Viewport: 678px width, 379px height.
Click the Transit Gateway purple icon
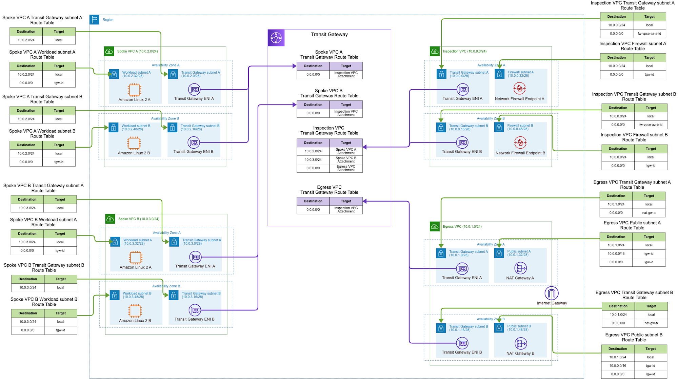point(276,38)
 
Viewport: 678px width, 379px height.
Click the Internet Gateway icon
point(552,293)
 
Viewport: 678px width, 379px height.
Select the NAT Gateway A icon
point(520,268)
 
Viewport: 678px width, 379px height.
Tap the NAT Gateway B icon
point(521,343)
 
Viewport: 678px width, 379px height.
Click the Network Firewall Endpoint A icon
point(519,89)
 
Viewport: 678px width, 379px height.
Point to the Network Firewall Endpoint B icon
point(520,143)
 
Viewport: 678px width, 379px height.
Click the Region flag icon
point(94,20)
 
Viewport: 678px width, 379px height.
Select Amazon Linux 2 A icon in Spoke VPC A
point(134,90)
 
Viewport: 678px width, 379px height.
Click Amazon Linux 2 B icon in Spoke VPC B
point(135,311)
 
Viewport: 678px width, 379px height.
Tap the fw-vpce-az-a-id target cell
point(649,34)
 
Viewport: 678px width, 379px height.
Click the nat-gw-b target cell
point(651,323)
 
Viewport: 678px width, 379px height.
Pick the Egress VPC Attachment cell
point(346,168)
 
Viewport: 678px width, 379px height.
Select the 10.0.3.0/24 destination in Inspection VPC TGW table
point(313,160)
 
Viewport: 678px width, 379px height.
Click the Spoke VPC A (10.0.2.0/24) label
point(137,52)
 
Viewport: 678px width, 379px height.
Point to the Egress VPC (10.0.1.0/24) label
point(462,227)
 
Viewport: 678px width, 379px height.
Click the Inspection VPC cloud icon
point(435,51)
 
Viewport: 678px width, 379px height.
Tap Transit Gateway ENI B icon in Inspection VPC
point(462,143)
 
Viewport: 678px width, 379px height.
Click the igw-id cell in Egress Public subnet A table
point(649,262)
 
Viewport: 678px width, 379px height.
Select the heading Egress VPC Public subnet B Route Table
point(634,337)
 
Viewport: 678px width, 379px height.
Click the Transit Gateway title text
point(329,35)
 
